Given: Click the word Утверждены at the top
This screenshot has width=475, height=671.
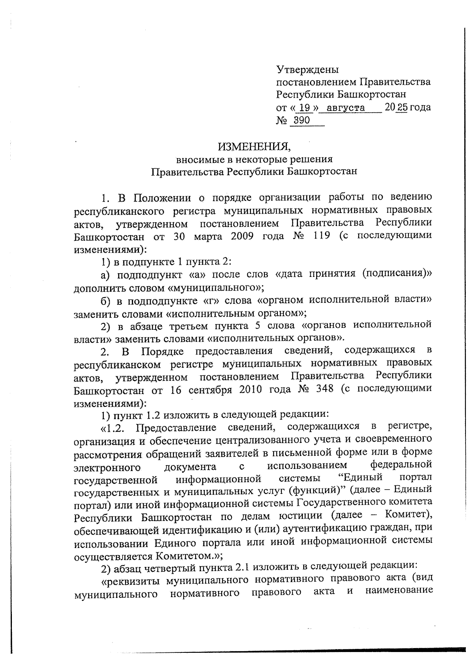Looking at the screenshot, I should [x=307, y=70].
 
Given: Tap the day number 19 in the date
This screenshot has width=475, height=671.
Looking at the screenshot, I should [x=304, y=108].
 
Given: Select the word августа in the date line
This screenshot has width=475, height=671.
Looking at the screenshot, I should [x=349, y=108].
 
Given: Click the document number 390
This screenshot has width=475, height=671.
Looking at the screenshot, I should [x=302, y=120].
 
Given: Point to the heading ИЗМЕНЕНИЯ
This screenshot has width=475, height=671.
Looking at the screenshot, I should [x=254, y=147].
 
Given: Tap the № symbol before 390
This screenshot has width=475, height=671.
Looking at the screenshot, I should [x=281, y=120].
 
